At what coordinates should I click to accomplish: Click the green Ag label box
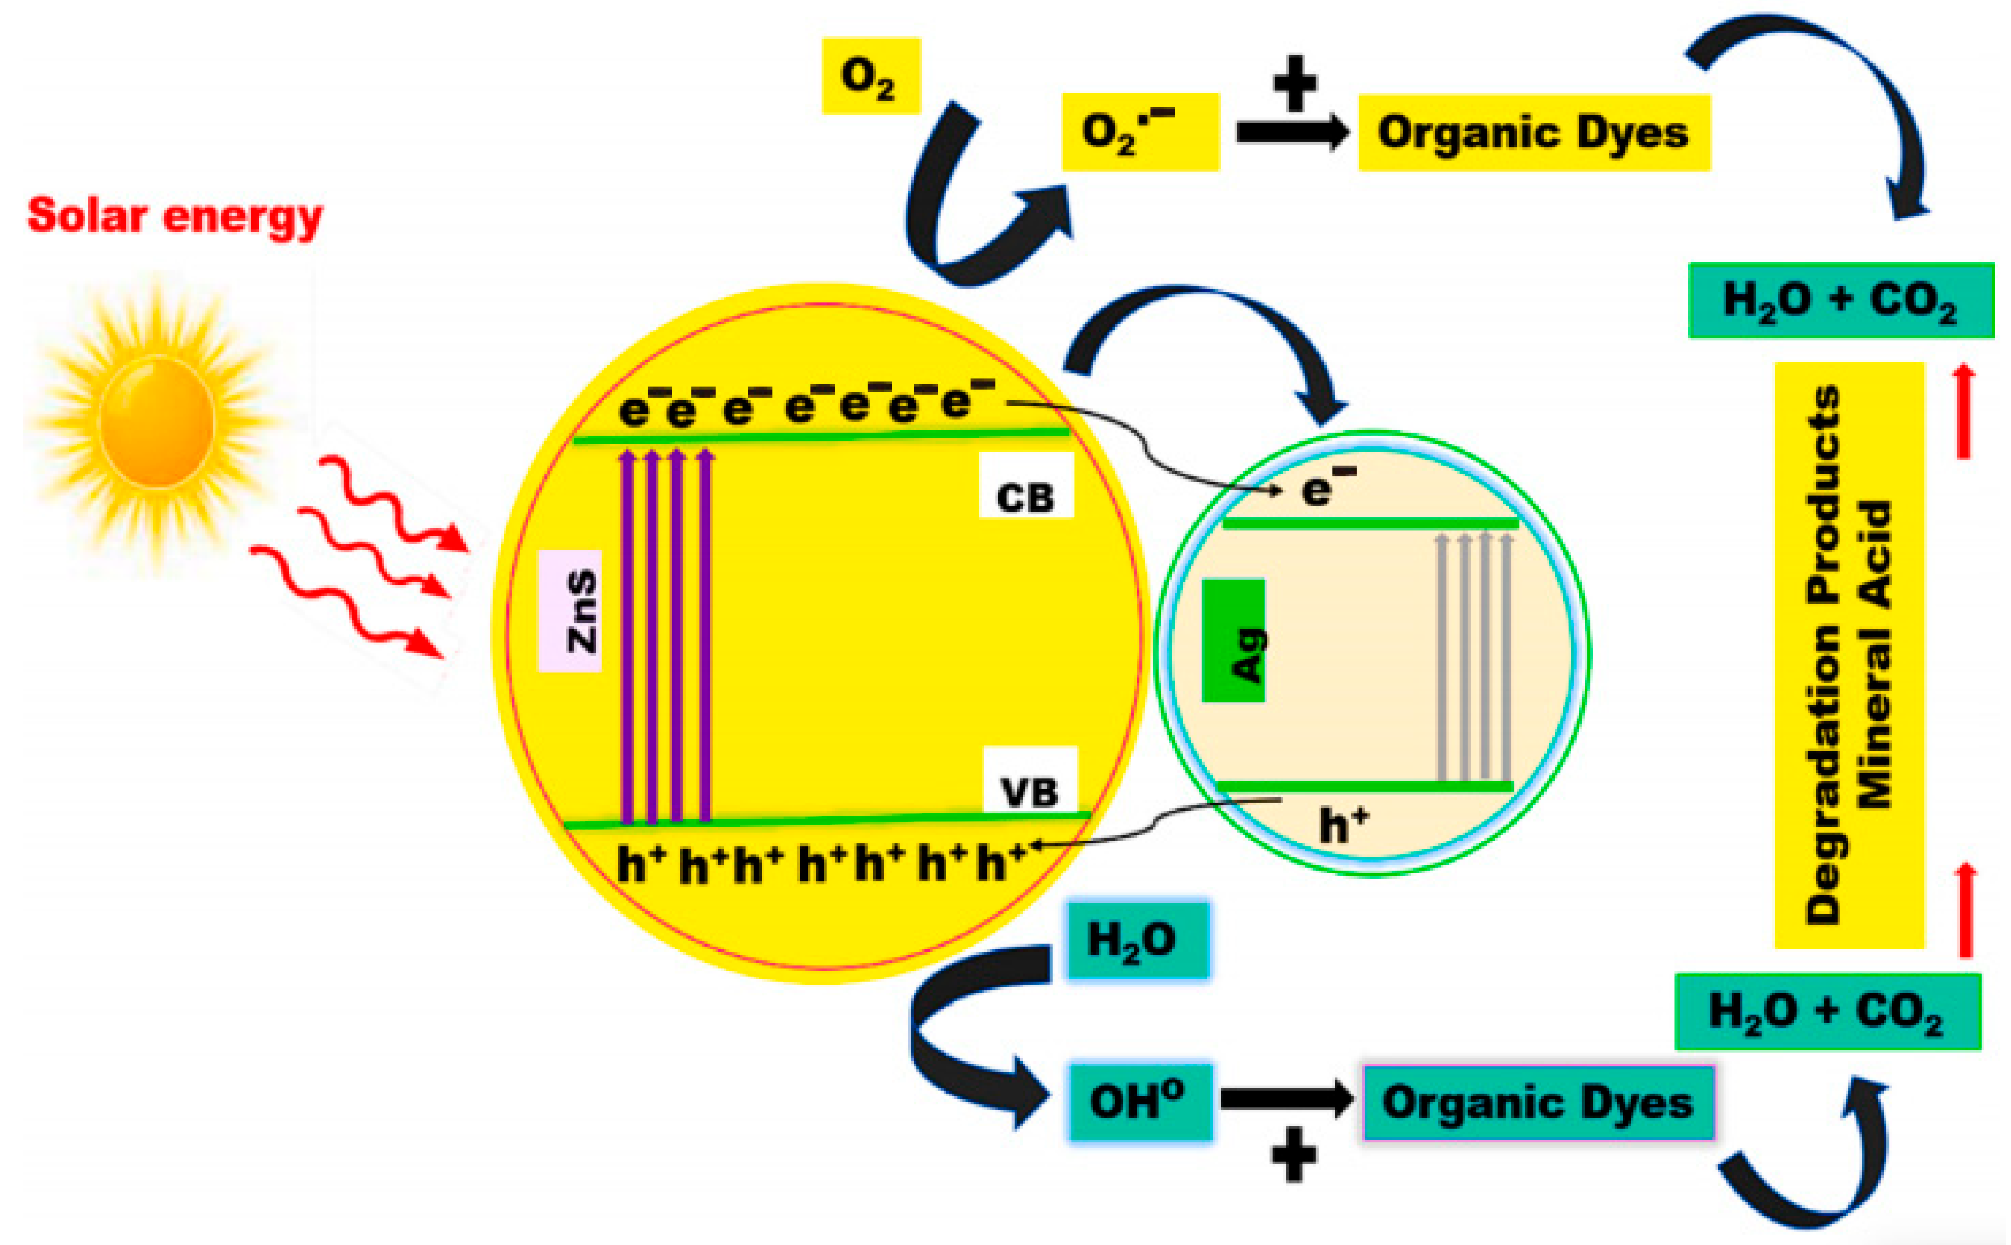tap(1233, 641)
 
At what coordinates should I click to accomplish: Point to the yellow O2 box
tap(870, 76)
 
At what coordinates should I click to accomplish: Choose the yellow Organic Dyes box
tap(1533, 133)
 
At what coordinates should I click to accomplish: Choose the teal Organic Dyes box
tap(1537, 1102)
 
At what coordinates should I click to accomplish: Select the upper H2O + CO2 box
tap(1841, 300)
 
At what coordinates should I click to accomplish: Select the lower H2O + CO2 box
tap(1828, 1011)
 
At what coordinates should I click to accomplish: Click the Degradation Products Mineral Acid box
tap(1849, 655)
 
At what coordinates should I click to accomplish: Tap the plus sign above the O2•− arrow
tap(1294, 83)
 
